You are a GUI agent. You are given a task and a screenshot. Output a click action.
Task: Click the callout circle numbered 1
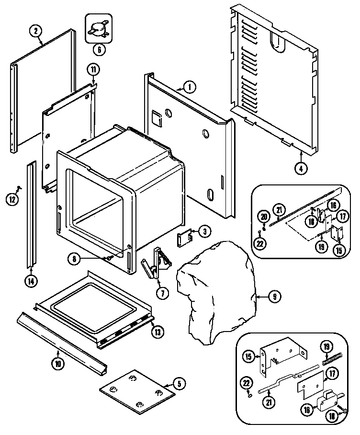190,87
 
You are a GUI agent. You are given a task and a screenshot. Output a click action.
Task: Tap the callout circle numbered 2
35,31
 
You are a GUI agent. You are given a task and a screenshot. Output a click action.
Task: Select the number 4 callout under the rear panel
301,168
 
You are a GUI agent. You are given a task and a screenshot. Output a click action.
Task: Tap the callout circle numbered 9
274,297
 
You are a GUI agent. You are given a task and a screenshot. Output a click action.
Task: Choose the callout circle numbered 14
30,281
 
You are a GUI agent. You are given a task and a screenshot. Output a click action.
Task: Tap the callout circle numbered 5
178,383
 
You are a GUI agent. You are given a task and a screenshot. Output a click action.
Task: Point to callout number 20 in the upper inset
262,217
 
